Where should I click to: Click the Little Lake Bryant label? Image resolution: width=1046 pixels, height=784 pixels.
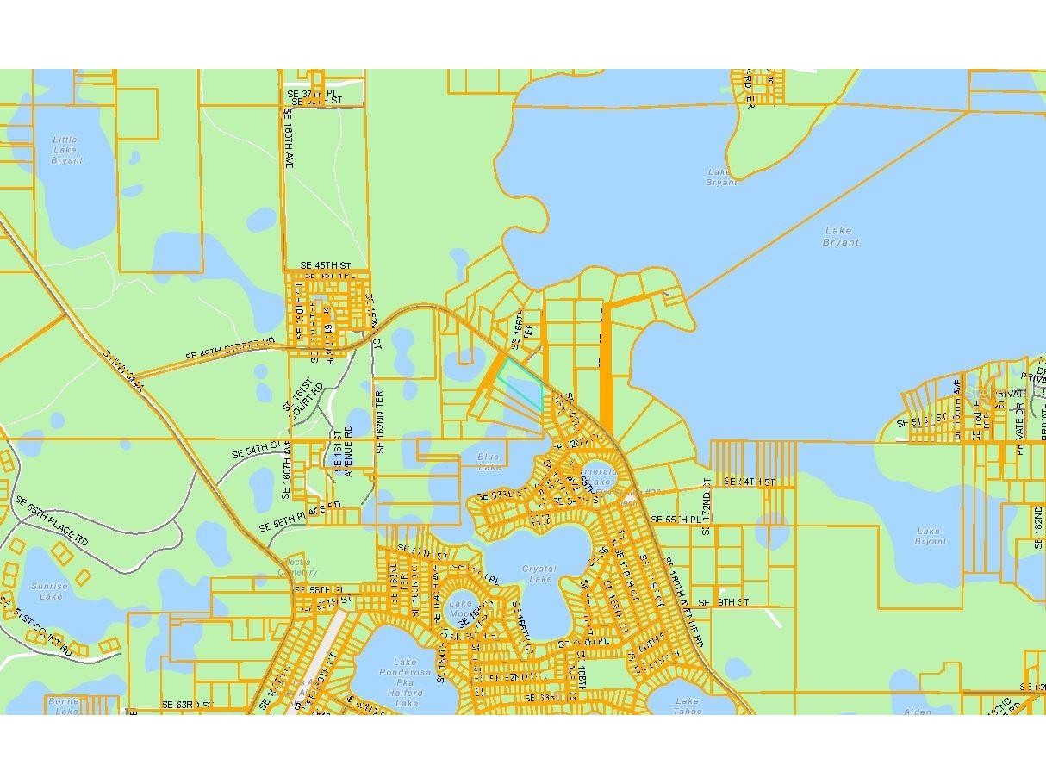coord(66,150)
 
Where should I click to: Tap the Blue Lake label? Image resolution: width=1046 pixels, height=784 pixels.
coord(489,462)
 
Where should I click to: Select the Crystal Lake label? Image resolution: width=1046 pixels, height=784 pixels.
coord(539,574)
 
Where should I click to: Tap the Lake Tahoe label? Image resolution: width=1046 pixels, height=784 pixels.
coord(687,706)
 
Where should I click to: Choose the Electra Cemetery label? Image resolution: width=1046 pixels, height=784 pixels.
coord(298,567)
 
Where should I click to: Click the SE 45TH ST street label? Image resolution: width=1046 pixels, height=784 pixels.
coord(326,265)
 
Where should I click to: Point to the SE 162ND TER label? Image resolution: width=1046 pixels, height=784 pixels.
coord(379,421)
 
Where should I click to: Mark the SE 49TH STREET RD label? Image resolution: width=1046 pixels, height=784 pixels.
coord(230,348)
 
